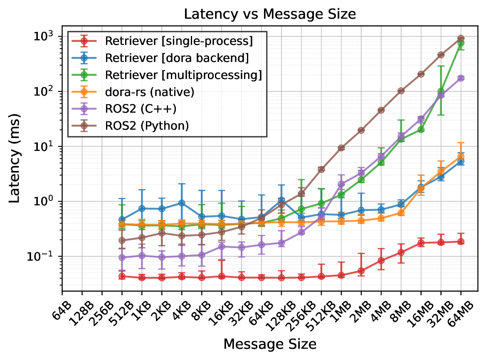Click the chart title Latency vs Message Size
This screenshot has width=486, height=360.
point(270,14)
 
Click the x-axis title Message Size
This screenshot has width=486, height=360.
point(270,344)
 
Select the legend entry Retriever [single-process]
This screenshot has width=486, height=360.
point(179,41)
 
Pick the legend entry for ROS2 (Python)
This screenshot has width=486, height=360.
point(147,126)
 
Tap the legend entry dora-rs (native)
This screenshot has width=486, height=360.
point(150,92)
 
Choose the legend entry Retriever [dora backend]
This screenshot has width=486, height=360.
point(177,58)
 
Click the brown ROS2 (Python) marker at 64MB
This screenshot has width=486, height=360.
point(461,38)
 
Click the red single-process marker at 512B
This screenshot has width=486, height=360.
point(122,276)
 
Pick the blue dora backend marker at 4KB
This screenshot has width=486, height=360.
point(182,203)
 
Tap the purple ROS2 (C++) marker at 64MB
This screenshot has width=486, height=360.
point(461,78)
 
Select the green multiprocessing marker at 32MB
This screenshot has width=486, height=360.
point(441,91)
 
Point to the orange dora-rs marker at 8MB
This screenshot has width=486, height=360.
point(401,213)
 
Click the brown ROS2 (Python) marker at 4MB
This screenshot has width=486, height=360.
point(381,110)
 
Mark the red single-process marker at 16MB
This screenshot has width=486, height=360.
point(421,243)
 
